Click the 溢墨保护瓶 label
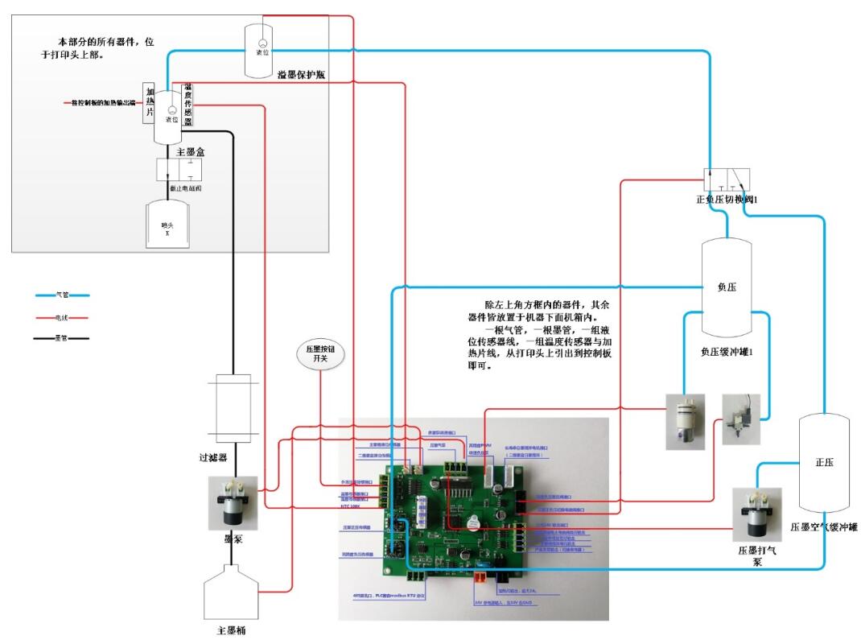click(300, 75)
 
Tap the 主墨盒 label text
click(175, 151)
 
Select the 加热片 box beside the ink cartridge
click(150, 102)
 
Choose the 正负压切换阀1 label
click(727, 199)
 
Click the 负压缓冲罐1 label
click(726, 351)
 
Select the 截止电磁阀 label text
click(185, 188)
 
